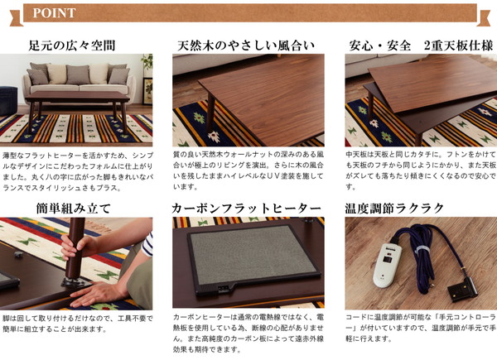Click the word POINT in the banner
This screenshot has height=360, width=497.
coord(54,13)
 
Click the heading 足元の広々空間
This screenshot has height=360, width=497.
coord(71,46)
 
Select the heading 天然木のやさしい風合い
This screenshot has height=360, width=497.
coord(246,46)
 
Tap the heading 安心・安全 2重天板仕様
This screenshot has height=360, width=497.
coord(421,46)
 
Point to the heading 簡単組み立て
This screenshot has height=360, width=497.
coord(74,209)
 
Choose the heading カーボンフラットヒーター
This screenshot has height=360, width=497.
coord(246,209)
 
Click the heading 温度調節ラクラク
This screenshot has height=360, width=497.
coord(394,209)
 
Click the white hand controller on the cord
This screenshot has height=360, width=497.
coord(387,266)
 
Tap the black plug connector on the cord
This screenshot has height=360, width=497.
coord(462,289)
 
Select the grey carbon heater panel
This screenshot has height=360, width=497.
coord(253,255)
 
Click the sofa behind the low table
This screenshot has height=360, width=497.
coord(79,79)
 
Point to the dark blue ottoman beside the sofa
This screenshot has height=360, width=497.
coord(8,101)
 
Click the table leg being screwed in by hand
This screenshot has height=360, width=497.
coord(75,249)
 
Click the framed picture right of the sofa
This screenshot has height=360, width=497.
coord(147,91)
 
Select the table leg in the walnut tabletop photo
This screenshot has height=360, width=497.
coord(210,113)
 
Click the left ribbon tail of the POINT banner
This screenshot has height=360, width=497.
coord(17,17)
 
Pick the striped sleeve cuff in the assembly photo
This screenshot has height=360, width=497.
coord(147,245)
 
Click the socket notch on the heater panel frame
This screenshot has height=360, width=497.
coord(223,288)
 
